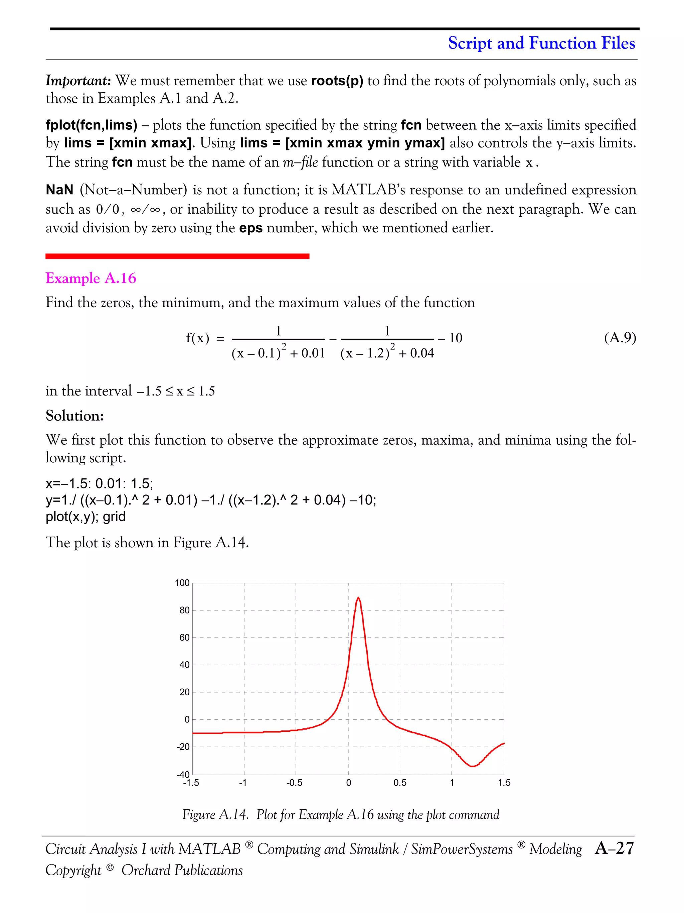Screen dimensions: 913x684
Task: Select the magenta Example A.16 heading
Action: (x=91, y=278)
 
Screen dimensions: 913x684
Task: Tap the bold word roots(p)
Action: (x=337, y=81)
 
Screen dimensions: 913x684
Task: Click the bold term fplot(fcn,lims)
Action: (x=91, y=125)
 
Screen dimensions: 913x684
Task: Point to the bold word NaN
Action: (x=59, y=190)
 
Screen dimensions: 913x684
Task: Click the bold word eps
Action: (x=251, y=228)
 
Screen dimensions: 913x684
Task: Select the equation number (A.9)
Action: (x=620, y=338)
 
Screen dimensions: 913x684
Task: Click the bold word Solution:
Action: (x=74, y=416)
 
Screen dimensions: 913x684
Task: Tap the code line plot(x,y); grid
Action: (x=85, y=517)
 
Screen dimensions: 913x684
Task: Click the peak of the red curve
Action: (x=358, y=598)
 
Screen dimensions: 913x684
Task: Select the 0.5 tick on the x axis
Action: (x=399, y=783)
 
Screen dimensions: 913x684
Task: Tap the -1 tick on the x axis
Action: (x=243, y=783)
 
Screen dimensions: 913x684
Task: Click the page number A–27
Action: (x=614, y=848)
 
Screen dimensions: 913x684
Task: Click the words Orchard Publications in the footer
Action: (x=182, y=870)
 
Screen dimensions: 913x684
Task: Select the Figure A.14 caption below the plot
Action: (x=341, y=814)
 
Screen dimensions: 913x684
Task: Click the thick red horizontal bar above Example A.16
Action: (x=177, y=256)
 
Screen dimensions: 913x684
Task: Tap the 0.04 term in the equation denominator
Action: (x=422, y=353)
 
